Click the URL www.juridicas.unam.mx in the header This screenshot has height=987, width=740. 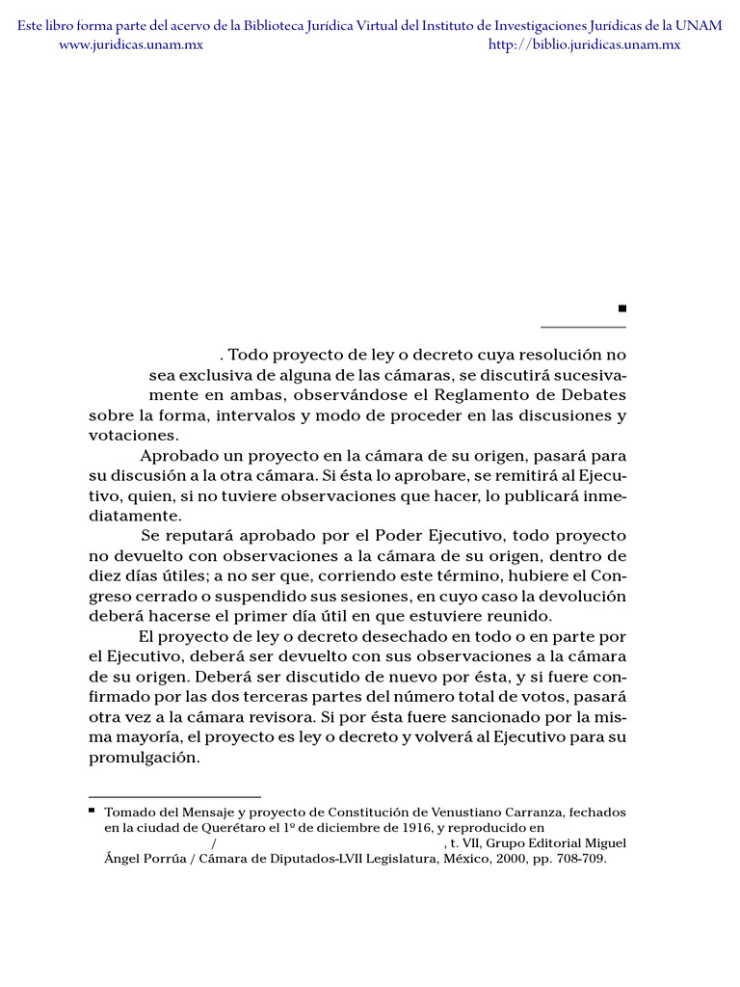[131, 44]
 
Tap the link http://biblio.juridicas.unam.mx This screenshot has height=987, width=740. [585, 44]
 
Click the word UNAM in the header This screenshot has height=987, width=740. [700, 25]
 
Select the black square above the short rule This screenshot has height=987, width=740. [622, 308]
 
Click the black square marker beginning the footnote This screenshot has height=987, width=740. [92, 812]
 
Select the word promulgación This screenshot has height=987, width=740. [145, 757]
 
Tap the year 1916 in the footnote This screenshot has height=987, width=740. [405, 828]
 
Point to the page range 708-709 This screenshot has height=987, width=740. [578, 859]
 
